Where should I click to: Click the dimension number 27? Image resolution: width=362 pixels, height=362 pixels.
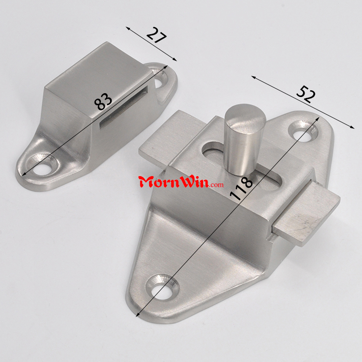pyautogui.click(x=156, y=35)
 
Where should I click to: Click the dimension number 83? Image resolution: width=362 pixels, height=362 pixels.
pyautogui.click(x=103, y=101)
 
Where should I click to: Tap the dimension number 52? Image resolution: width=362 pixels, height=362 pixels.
pyautogui.click(x=306, y=94)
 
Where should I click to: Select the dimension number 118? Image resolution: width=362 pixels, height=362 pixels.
pyautogui.click(x=241, y=188)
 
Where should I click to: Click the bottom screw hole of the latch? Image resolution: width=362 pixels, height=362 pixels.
pyautogui.click(x=163, y=288)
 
